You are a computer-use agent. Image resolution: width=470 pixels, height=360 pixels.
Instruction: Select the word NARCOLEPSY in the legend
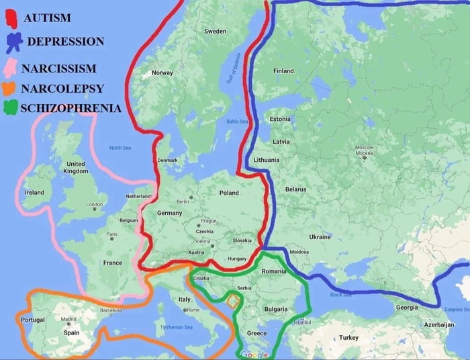click(62, 88)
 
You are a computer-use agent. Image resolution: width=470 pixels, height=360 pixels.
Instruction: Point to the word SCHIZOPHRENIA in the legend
click(71, 107)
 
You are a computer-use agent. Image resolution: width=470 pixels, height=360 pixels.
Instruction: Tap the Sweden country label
click(215, 32)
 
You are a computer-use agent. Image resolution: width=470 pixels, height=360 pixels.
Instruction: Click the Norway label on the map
click(162, 73)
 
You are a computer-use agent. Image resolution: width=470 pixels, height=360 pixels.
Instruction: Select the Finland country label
click(283, 71)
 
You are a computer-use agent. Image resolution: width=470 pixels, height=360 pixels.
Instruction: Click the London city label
click(94, 204)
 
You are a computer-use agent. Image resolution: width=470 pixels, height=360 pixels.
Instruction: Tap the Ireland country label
click(34, 193)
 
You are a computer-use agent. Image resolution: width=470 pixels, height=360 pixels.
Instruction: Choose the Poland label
click(229, 193)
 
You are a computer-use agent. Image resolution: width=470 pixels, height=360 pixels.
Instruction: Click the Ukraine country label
click(320, 237)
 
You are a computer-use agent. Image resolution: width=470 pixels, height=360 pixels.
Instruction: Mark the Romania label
click(274, 271)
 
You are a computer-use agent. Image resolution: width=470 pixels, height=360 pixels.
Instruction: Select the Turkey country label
click(349, 337)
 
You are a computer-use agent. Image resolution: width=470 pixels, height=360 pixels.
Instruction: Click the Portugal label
click(32, 320)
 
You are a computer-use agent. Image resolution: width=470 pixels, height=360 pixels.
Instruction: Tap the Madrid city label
click(69, 319)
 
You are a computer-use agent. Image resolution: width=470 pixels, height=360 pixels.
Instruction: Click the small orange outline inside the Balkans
click(232, 300)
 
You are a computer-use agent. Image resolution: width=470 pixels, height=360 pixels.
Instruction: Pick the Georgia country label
click(407, 307)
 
